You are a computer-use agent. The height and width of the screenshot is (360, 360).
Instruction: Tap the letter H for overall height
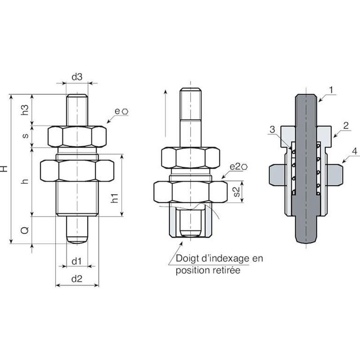[x=5, y=168]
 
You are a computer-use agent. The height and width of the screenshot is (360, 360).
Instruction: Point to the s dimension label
[x=26, y=136]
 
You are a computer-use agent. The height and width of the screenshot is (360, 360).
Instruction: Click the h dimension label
[x=26, y=181]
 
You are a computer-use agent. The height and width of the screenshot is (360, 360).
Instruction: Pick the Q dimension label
[x=26, y=230]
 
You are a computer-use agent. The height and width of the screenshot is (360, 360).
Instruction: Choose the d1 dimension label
[x=77, y=260]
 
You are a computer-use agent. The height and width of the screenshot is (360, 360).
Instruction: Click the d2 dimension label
[x=77, y=279]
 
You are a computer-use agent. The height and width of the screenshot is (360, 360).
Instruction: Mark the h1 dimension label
[x=115, y=198]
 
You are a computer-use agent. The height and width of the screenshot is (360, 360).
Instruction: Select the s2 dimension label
[x=237, y=191]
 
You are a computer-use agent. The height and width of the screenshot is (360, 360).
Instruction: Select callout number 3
[x=272, y=129]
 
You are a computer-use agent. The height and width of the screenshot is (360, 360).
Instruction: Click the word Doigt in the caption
[x=186, y=258]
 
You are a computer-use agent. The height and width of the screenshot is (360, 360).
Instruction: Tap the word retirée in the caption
[x=224, y=270]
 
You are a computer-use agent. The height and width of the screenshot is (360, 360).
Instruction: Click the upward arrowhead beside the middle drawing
[x=165, y=91]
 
